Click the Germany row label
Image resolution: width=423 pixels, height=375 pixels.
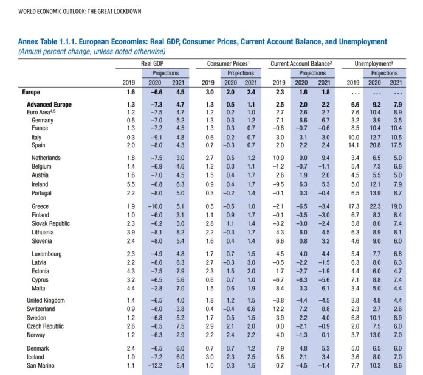[43, 120]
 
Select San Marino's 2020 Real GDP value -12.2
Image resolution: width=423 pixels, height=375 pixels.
[155, 366]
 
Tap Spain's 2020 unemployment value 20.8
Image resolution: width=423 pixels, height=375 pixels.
[375, 145]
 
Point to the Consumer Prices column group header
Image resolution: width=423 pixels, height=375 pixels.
[229, 64]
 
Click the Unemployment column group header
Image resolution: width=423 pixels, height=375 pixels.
[374, 64]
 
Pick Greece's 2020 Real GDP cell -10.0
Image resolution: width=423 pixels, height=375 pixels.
[155, 206]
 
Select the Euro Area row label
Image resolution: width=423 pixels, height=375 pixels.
[41, 112]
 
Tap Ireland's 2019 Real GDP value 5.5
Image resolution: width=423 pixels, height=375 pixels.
[131, 184]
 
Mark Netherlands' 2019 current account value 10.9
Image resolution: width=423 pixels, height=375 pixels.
[278, 158]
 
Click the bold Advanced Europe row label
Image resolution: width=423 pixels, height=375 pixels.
[49, 105]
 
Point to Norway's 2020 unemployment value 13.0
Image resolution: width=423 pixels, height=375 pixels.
[375, 335]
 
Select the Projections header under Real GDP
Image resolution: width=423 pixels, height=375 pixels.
[165, 73]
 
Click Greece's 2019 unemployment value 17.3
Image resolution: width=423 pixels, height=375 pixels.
[354, 206]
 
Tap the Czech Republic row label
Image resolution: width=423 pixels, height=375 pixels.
[45, 326]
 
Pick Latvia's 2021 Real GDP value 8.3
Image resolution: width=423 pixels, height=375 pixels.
[181, 262]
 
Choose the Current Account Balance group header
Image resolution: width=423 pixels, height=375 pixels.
[301, 64]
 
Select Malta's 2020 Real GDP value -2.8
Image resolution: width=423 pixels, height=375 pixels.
[157, 289]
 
